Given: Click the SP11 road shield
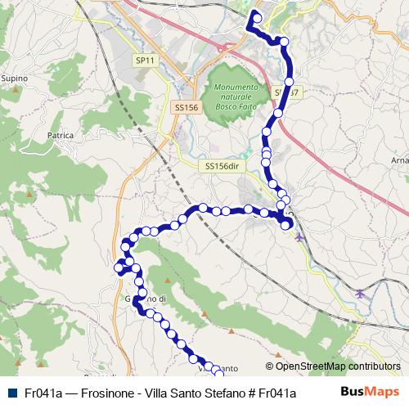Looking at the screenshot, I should point(145,60).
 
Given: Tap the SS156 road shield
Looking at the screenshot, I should point(187,107).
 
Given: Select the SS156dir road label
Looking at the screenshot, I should point(222,166).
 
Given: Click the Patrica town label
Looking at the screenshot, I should point(61,135).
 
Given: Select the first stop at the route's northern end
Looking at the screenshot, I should point(257,18).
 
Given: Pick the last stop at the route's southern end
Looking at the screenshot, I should point(218,371).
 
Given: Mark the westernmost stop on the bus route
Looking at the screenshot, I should point(119,267).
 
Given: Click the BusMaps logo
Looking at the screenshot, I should point(370,391).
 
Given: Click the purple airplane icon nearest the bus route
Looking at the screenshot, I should point(299,237).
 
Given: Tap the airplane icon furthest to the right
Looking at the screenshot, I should point(361,292).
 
